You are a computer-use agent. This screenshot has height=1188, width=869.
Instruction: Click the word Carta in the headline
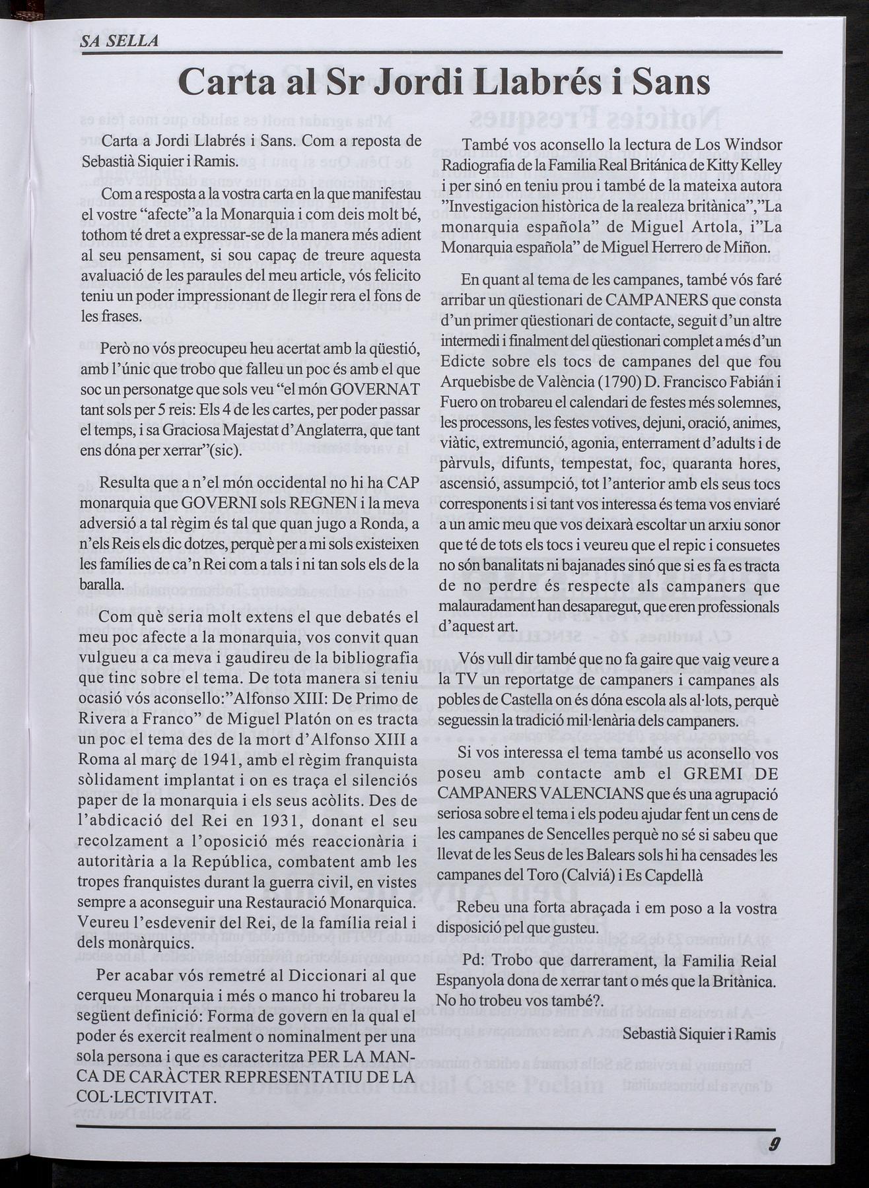pyautogui.click(x=228, y=83)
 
